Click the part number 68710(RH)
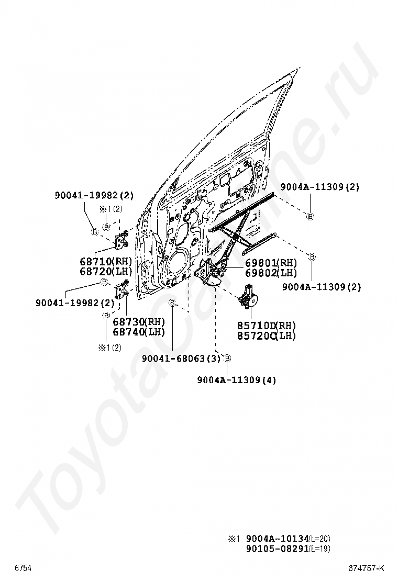[106, 261]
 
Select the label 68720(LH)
[106, 271]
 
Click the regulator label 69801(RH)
[271, 263]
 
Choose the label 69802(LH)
[271, 273]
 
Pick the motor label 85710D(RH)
[267, 326]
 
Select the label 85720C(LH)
[267, 335]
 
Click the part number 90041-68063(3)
[181, 359]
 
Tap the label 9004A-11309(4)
[237, 380]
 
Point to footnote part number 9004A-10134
[277, 539]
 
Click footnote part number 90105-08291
[277, 549]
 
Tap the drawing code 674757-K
[367, 568]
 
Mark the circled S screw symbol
[172, 303]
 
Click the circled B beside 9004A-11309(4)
[227, 359]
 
